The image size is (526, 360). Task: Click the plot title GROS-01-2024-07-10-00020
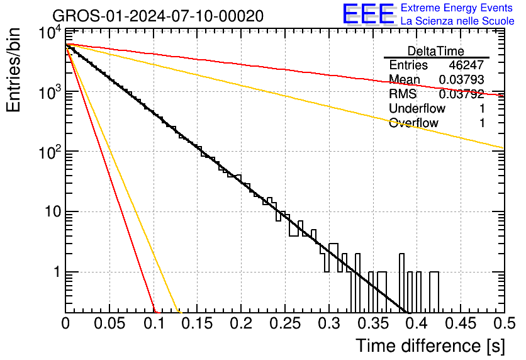click(158, 16)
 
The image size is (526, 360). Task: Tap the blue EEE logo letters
click(368, 14)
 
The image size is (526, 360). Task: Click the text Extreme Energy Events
click(457, 8)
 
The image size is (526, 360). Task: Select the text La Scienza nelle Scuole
click(457, 21)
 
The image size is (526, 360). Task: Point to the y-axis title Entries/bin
click(13, 70)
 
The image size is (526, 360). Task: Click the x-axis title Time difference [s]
click(430, 346)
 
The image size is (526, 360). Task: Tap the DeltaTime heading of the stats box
click(436, 51)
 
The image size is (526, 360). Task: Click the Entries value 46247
click(466, 65)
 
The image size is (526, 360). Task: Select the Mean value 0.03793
click(462, 79)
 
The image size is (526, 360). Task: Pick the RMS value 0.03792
click(462, 94)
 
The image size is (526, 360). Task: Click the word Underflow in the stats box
click(417, 108)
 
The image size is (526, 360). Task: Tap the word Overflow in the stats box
click(413, 123)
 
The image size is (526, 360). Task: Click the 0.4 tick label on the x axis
click(417, 323)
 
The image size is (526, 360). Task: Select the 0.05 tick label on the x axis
click(109, 323)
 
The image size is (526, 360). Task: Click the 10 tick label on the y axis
click(53, 211)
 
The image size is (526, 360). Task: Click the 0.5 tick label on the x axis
click(505, 323)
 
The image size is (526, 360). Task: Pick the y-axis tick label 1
click(57, 272)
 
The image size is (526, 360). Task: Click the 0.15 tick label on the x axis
click(198, 323)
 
